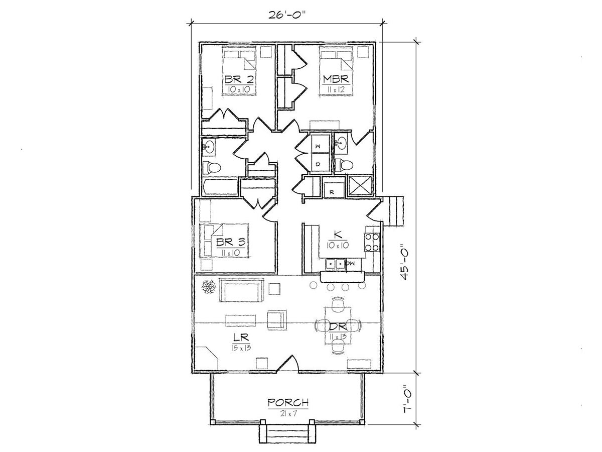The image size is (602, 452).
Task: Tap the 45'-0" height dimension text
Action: coord(405,262)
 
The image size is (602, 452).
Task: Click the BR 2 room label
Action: coord(239,79)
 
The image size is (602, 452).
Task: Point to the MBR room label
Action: coord(336,79)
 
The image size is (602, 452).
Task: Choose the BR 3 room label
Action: coord(231,242)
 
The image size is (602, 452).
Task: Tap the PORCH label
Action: coord(288,403)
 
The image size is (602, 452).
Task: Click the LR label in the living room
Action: coord(241,336)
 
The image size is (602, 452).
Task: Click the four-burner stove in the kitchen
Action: coord(372,242)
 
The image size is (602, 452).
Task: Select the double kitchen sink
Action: coord(336,264)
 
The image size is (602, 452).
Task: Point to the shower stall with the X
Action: coord(360,186)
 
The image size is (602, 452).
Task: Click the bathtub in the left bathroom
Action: coord(220,187)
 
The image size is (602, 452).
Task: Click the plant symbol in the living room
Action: coord(209,287)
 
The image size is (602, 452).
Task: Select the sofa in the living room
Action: coord(241,290)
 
